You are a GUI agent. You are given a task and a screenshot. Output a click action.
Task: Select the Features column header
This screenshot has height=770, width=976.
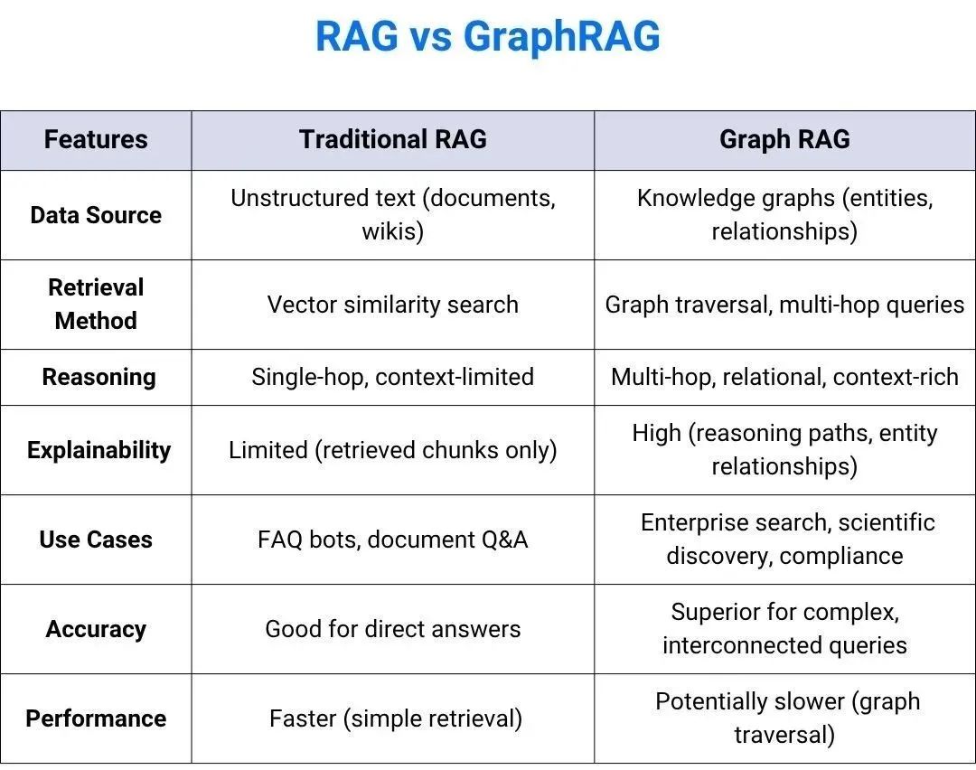(96, 139)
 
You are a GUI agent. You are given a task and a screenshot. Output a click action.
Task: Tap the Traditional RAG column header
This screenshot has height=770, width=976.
(392, 139)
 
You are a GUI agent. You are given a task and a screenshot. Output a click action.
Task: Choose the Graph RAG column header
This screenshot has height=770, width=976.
(784, 139)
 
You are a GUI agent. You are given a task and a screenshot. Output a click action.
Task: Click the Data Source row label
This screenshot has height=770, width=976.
(96, 215)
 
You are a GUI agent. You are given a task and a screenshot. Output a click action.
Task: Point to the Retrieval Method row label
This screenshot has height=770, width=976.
(96, 304)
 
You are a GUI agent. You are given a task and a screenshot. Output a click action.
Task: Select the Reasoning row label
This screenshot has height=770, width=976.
(99, 377)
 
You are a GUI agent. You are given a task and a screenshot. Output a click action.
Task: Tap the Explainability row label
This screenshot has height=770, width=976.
(99, 450)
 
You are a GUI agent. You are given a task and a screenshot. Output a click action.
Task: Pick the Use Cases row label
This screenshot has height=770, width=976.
(96, 540)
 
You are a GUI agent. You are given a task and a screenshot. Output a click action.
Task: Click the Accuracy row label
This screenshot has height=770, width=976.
(96, 629)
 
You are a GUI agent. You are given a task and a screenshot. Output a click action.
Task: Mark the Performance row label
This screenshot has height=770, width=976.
(96, 718)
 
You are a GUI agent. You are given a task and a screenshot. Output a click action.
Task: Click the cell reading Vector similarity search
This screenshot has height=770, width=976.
(392, 305)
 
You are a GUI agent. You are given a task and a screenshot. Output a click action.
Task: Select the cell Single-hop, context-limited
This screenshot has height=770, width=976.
(392, 377)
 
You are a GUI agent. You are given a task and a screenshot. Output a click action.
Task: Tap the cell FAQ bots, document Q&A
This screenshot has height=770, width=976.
(392, 540)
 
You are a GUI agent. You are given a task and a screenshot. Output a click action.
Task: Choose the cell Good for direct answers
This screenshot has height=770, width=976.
(392, 629)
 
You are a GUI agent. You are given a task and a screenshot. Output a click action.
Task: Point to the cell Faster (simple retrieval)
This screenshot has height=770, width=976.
(395, 718)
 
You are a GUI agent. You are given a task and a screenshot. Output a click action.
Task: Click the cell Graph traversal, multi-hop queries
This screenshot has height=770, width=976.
(784, 305)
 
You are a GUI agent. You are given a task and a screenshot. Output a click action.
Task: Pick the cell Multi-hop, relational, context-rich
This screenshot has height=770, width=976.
(784, 377)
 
